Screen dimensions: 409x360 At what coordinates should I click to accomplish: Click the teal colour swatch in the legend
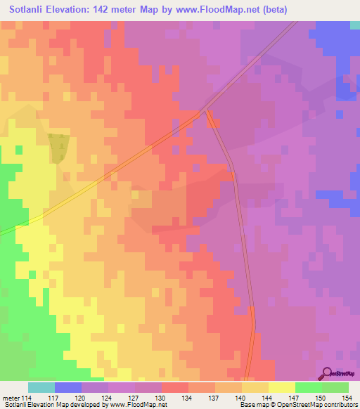(41, 387)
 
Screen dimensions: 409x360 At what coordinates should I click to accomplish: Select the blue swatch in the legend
(68, 387)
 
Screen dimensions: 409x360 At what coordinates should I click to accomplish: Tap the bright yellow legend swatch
(281, 387)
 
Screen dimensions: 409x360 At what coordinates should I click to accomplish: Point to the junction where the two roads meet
(205, 110)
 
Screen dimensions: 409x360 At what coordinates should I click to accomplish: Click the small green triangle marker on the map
(61, 145)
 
